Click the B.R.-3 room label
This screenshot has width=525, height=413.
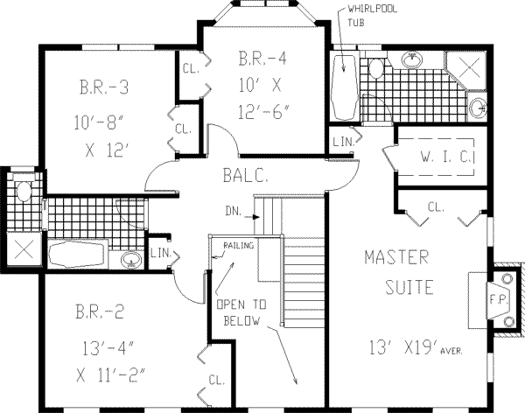(104, 87)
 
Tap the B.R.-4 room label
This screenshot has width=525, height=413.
(262, 58)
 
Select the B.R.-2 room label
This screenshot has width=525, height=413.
(100, 311)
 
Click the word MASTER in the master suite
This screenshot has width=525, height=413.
(396, 257)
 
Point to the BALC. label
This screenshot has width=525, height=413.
(245, 175)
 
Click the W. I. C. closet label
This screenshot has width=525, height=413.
(447, 157)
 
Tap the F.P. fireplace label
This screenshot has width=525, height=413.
(499, 299)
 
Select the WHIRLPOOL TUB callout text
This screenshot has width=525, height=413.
(372, 16)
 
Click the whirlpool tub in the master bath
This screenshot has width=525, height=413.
(343, 87)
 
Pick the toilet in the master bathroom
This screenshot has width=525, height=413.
(376, 67)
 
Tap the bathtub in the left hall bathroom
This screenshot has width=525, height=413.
(77, 254)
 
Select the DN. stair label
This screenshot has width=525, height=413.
(234, 212)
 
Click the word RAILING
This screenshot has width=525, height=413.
(239, 246)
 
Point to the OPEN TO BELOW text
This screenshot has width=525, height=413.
(241, 312)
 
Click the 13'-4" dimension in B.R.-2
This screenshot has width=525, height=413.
(108, 348)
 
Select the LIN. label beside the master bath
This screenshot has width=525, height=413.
(344, 142)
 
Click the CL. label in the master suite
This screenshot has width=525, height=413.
(436, 207)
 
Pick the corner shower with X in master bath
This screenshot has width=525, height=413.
(468, 68)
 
